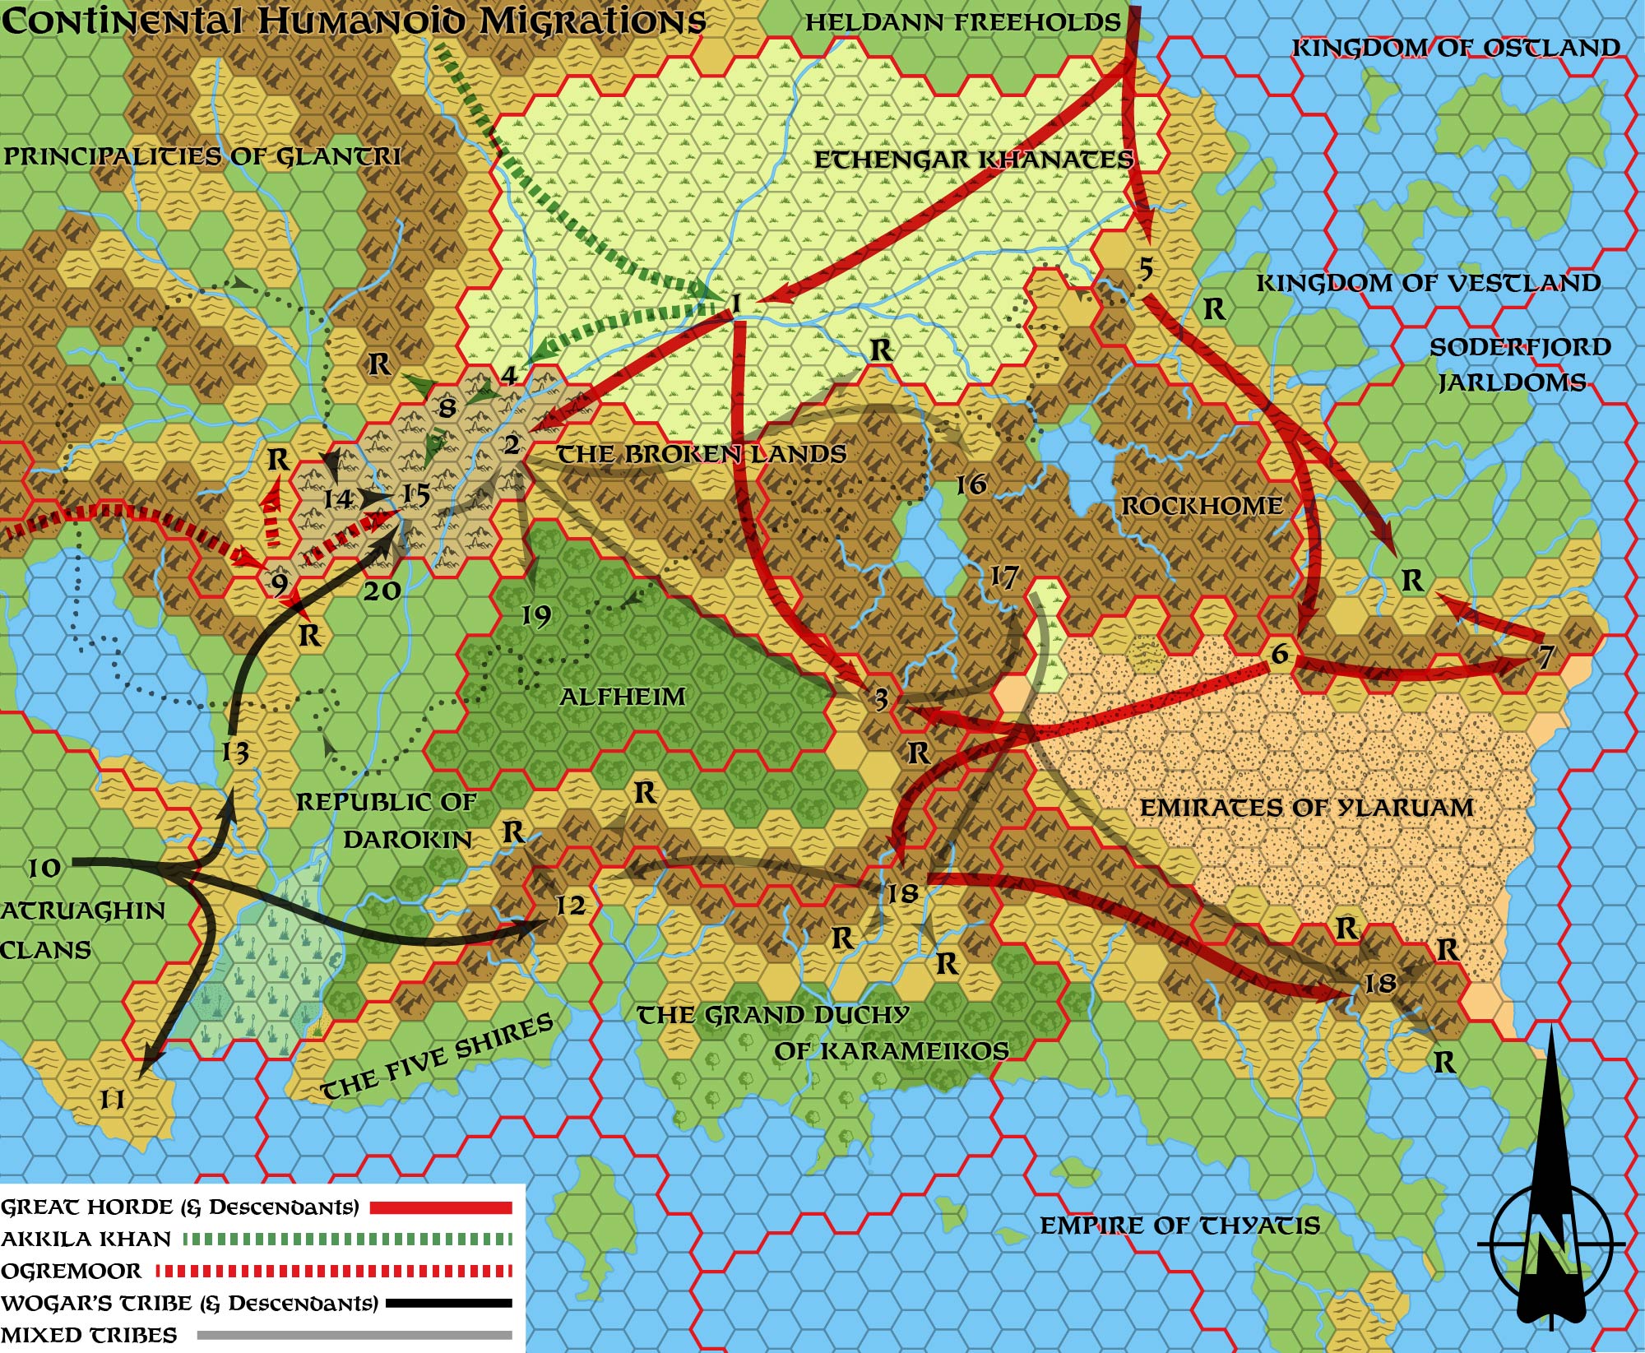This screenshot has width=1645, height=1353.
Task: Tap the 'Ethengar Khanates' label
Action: coord(974,160)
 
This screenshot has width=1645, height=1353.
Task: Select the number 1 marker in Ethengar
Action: coord(736,304)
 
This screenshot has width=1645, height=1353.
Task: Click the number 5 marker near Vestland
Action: coord(1146,269)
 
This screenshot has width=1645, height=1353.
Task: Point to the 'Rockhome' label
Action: coord(1202,505)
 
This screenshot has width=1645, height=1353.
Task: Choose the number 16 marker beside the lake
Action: coord(971,484)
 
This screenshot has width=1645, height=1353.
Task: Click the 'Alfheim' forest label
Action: coord(622,697)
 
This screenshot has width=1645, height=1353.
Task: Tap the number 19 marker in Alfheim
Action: coord(536,615)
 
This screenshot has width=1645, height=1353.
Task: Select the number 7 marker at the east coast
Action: coord(1545,656)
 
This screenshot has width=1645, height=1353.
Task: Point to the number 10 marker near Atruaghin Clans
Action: coord(44,868)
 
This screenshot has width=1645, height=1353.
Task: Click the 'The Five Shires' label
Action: coord(436,1058)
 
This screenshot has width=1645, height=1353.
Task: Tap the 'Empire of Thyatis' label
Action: coord(1179,1226)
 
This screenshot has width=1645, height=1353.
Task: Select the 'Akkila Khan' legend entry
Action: coord(86,1239)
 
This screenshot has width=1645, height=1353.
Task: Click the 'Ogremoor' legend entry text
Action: coord(72,1272)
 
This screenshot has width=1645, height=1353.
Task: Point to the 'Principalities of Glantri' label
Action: coord(202,156)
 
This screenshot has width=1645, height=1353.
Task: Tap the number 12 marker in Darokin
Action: coord(570,906)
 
